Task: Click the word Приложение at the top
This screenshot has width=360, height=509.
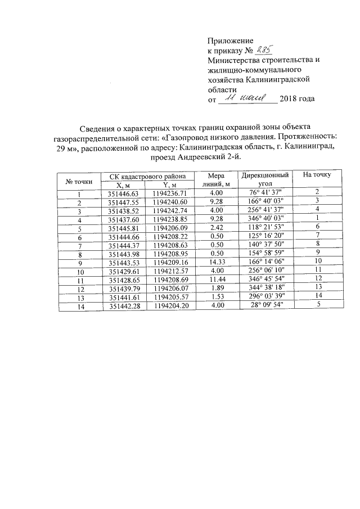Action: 231,40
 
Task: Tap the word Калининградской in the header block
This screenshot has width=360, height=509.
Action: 281,80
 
